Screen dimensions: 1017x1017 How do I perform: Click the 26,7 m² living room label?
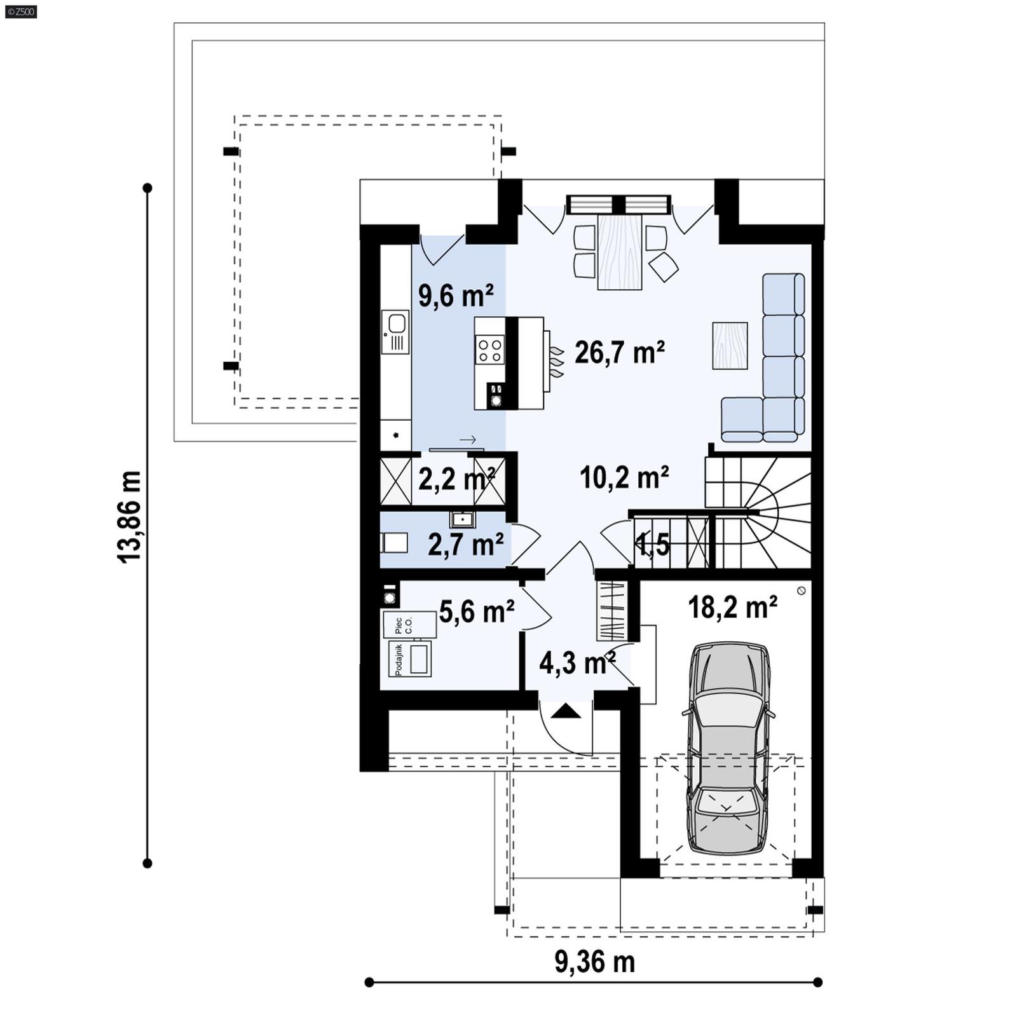619,353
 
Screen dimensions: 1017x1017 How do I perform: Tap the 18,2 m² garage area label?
732,608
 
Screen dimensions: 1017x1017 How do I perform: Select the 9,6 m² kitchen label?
455,296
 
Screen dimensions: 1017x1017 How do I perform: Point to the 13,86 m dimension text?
129,517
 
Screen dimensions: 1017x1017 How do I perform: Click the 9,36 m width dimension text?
594,962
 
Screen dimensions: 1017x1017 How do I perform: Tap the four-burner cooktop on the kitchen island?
491,351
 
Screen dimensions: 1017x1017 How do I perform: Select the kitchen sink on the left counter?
395,332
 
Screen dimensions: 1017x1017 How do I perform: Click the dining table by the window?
620,252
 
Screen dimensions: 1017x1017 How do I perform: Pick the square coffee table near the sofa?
730,346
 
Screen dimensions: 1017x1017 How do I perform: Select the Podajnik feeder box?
410,659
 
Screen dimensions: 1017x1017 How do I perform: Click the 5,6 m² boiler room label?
476,611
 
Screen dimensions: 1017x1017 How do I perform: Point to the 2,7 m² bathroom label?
465,545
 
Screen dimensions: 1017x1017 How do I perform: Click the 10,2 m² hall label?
624,477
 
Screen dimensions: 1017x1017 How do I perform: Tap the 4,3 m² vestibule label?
577,664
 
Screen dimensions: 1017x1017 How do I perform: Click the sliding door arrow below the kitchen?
468,440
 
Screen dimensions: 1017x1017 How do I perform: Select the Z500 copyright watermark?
20,11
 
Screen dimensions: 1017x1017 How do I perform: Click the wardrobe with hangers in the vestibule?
611,610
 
